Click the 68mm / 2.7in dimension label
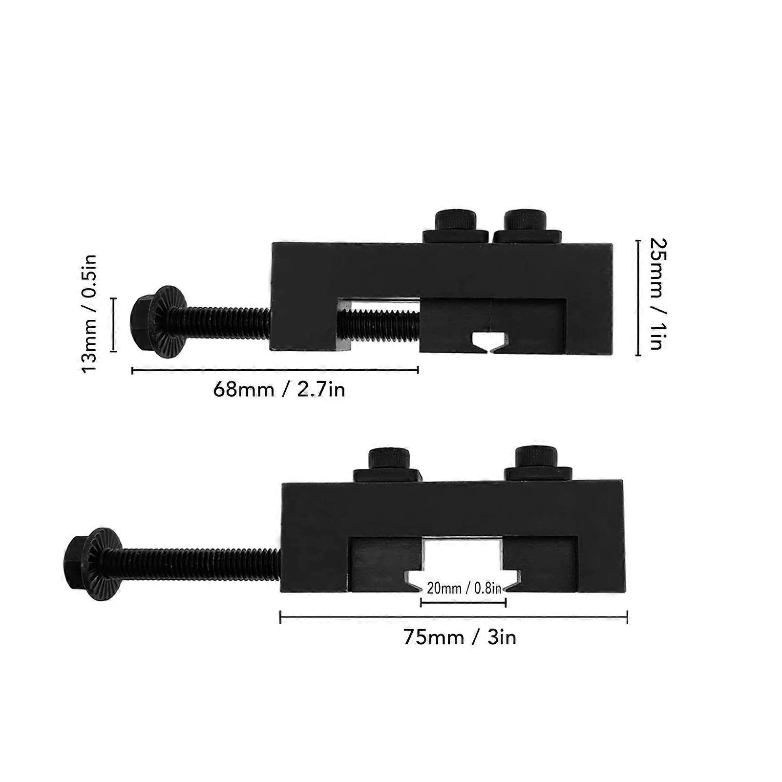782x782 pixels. click(279, 390)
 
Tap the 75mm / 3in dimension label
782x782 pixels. click(460, 637)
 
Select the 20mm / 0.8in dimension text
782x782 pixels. click(464, 588)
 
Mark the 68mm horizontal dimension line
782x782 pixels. click(275, 371)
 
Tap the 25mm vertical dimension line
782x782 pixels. click(638, 297)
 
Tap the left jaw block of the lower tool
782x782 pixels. click(386, 564)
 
